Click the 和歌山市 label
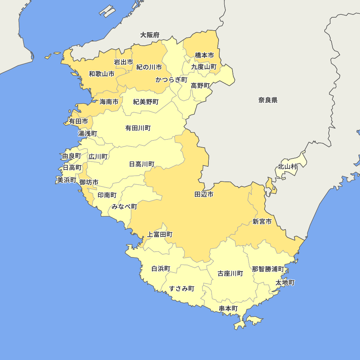(102, 74)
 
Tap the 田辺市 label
(204, 195)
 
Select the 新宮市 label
(262, 221)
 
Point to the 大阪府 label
(150, 35)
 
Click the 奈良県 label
(268, 100)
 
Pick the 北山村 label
(287, 167)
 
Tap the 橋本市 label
(204, 55)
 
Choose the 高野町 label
(200, 86)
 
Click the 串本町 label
(229, 309)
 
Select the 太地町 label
(285, 283)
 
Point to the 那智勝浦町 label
(268, 269)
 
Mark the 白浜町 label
(161, 269)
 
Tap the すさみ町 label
(182, 288)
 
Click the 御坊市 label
(89, 182)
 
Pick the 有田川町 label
(138, 128)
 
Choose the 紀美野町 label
(146, 102)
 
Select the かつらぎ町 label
(171, 80)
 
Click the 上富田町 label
(160, 235)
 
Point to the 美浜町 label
(66, 180)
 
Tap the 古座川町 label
(230, 274)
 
